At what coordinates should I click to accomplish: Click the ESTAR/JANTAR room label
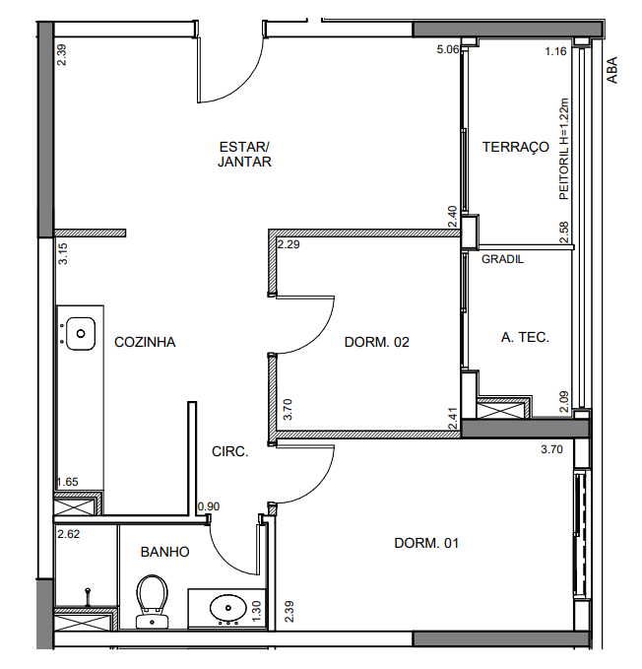pyautogui.click(x=244, y=155)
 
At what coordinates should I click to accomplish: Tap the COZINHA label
pyautogui.click(x=145, y=342)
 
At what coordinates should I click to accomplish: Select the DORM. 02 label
pyautogui.click(x=377, y=342)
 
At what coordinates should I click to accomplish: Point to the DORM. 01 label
pyautogui.click(x=426, y=543)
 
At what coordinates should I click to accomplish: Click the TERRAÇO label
pyautogui.click(x=516, y=147)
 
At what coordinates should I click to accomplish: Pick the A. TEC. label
pyautogui.click(x=525, y=338)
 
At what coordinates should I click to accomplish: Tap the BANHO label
pyautogui.click(x=165, y=552)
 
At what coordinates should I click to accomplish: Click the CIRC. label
pyautogui.click(x=230, y=452)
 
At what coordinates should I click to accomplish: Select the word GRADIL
pyautogui.click(x=502, y=259)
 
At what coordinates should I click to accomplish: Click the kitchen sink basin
pyautogui.click(x=81, y=334)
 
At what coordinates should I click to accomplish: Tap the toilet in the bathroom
pyautogui.click(x=153, y=602)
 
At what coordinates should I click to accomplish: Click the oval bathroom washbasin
pyautogui.click(x=228, y=608)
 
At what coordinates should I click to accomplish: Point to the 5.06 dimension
pyautogui.click(x=448, y=50)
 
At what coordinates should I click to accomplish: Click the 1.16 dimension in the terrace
pyautogui.click(x=555, y=51)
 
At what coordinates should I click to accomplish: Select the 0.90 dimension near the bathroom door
pyautogui.click(x=209, y=506)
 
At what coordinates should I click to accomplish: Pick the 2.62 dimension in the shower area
pyautogui.click(x=69, y=534)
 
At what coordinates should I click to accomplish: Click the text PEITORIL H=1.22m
pyautogui.click(x=564, y=149)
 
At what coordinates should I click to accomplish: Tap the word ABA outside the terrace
pyautogui.click(x=611, y=70)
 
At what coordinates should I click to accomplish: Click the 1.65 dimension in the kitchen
pyautogui.click(x=68, y=482)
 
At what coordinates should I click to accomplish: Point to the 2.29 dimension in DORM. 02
pyautogui.click(x=289, y=245)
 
